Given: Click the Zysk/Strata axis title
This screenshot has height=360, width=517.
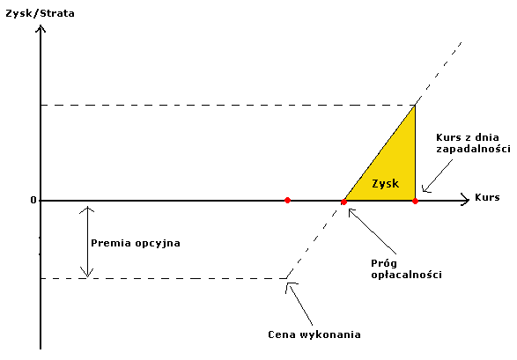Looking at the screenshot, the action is pos(40,14).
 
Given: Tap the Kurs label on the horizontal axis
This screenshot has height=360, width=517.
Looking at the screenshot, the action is pos(487,197).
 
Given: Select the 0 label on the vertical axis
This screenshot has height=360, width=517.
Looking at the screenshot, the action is pos(33,200).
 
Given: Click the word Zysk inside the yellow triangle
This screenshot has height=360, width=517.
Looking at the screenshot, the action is pos(385,183).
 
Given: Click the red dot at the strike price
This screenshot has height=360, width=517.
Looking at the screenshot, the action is pos(287,201).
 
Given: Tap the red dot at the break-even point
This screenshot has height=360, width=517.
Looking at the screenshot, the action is pos(343,202).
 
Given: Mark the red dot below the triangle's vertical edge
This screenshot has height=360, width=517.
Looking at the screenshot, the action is pos(415,201).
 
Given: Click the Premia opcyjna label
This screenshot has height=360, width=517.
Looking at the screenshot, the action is pos(136,244).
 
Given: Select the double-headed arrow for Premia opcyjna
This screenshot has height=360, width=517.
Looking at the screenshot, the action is pos(87,242).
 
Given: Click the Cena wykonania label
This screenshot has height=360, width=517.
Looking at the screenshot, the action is pos(314,334).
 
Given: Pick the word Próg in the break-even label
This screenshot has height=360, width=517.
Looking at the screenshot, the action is pos(384,264).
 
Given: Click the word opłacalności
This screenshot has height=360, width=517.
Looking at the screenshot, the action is pos(407,275).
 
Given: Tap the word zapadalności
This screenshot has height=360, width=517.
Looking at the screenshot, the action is pos(473,149).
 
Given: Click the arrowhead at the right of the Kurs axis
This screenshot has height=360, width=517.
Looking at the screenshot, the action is pos(465,201).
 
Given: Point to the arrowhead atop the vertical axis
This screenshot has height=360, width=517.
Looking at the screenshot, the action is pos(41,29).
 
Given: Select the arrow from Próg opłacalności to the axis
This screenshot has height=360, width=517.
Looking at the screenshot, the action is pos(372,231).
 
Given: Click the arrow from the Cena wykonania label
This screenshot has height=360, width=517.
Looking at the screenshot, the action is pos(299,304).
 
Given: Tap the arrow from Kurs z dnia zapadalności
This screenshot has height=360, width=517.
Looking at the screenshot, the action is pos(437,176).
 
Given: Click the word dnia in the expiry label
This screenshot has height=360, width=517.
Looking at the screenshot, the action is pos(487,137).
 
